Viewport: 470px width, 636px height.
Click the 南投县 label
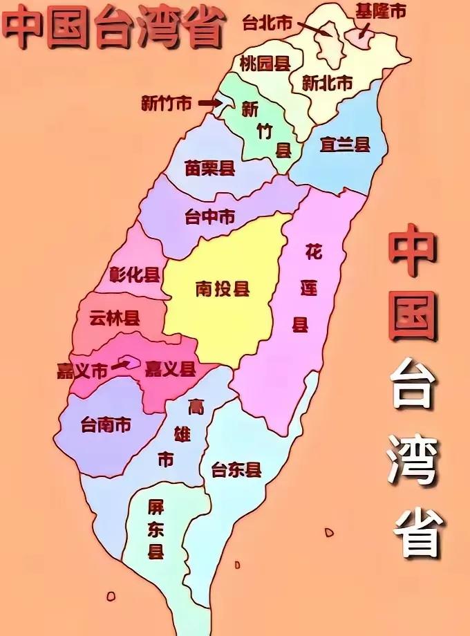click(222, 288)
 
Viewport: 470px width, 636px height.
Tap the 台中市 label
click(209, 217)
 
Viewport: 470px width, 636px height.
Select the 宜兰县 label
click(345, 144)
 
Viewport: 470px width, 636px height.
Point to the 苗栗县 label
click(210, 168)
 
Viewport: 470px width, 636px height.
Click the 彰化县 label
click(135, 274)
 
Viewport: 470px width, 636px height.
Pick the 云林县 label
click(115, 318)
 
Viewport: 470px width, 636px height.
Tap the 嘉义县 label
click(170, 369)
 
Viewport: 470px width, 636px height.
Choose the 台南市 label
click(106, 424)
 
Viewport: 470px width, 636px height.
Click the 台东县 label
click(237, 470)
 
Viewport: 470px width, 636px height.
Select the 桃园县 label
click(264, 64)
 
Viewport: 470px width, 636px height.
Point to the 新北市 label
click(328, 83)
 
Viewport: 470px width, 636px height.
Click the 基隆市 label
click(380, 11)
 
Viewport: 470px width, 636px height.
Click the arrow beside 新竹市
click(207, 103)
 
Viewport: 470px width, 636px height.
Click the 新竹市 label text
click(166, 104)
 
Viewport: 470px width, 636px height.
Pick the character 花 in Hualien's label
click(314, 252)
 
